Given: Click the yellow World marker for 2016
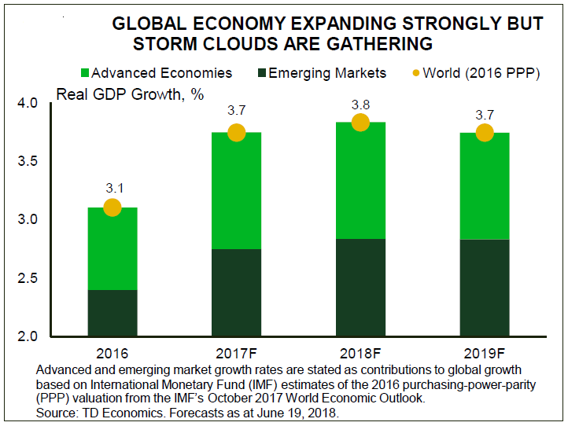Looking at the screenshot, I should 112,207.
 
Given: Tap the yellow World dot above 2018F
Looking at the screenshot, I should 360,123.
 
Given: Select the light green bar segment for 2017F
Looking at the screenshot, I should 236,191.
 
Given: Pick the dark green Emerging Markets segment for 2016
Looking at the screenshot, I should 112,313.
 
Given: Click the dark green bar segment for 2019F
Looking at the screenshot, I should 484,288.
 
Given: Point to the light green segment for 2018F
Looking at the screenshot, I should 360,181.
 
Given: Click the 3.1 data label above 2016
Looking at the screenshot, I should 112,189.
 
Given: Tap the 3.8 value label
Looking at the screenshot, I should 360,104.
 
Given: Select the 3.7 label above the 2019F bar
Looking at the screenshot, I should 484,115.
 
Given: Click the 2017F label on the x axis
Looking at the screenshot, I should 236,353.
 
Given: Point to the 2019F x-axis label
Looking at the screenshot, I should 484,353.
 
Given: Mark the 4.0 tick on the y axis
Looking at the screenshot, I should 27,103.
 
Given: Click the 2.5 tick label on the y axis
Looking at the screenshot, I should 27,278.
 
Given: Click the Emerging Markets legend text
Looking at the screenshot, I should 327,73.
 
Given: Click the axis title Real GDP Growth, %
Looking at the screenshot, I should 130,94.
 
